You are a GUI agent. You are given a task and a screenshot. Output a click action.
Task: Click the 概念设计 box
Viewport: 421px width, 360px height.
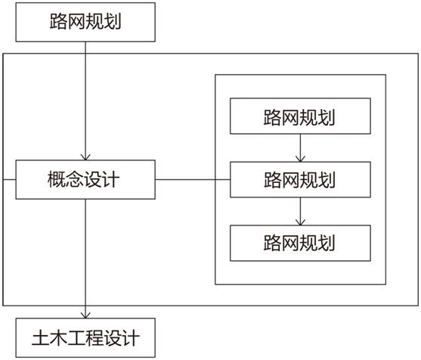pyautogui.click(x=85, y=179)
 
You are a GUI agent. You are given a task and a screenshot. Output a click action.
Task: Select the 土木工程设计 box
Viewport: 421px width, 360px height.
pyautogui.click(x=85, y=338)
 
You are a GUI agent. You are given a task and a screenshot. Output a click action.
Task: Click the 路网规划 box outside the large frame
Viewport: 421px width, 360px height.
pyautogui.click(x=85, y=22)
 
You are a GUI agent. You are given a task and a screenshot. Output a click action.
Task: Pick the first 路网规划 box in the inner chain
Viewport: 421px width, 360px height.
pyautogui.click(x=300, y=116)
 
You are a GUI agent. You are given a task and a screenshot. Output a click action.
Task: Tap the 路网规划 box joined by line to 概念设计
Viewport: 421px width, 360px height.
pyautogui.click(x=300, y=179)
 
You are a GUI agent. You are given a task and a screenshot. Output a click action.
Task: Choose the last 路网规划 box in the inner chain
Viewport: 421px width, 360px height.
pyautogui.click(x=300, y=243)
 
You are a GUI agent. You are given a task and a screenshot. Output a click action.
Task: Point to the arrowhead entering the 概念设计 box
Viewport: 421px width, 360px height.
pyautogui.click(x=85, y=157)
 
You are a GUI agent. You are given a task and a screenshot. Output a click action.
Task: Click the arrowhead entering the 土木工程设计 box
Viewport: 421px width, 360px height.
pyautogui.click(x=85, y=315)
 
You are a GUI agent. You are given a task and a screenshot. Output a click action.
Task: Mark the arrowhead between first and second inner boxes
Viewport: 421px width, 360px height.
pyautogui.click(x=300, y=159)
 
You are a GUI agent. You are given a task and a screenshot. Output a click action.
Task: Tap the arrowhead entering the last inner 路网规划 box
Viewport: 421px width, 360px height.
pyautogui.click(x=300, y=222)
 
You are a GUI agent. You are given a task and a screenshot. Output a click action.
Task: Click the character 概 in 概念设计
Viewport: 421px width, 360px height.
pyautogui.click(x=57, y=179)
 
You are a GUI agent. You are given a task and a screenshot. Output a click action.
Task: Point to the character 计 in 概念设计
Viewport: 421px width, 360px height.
pyautogui.click(x=110, y=179)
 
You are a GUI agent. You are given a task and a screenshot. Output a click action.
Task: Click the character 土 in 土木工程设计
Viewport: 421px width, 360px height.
pyautogui.click(x=41, y=338)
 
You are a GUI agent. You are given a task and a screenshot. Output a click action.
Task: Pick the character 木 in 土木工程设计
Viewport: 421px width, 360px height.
pyautogui.click(x=58, y=338)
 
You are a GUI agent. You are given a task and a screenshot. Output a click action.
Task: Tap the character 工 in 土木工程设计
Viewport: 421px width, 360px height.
pyautogui.click(x=76, y=338)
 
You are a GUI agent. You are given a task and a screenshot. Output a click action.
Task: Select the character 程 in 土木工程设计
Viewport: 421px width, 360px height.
pyautogui.click(x=94, y=338)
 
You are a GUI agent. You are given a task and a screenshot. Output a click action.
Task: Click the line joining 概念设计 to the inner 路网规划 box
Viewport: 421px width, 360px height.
pyautogui.click(x=193, y=179)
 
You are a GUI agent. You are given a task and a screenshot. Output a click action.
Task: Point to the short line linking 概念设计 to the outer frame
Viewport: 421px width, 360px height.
pyautogui.click(x=9, y=179)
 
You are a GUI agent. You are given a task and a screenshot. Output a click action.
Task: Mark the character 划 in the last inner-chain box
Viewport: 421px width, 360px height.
pyautogui.click(x=327, y=243)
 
